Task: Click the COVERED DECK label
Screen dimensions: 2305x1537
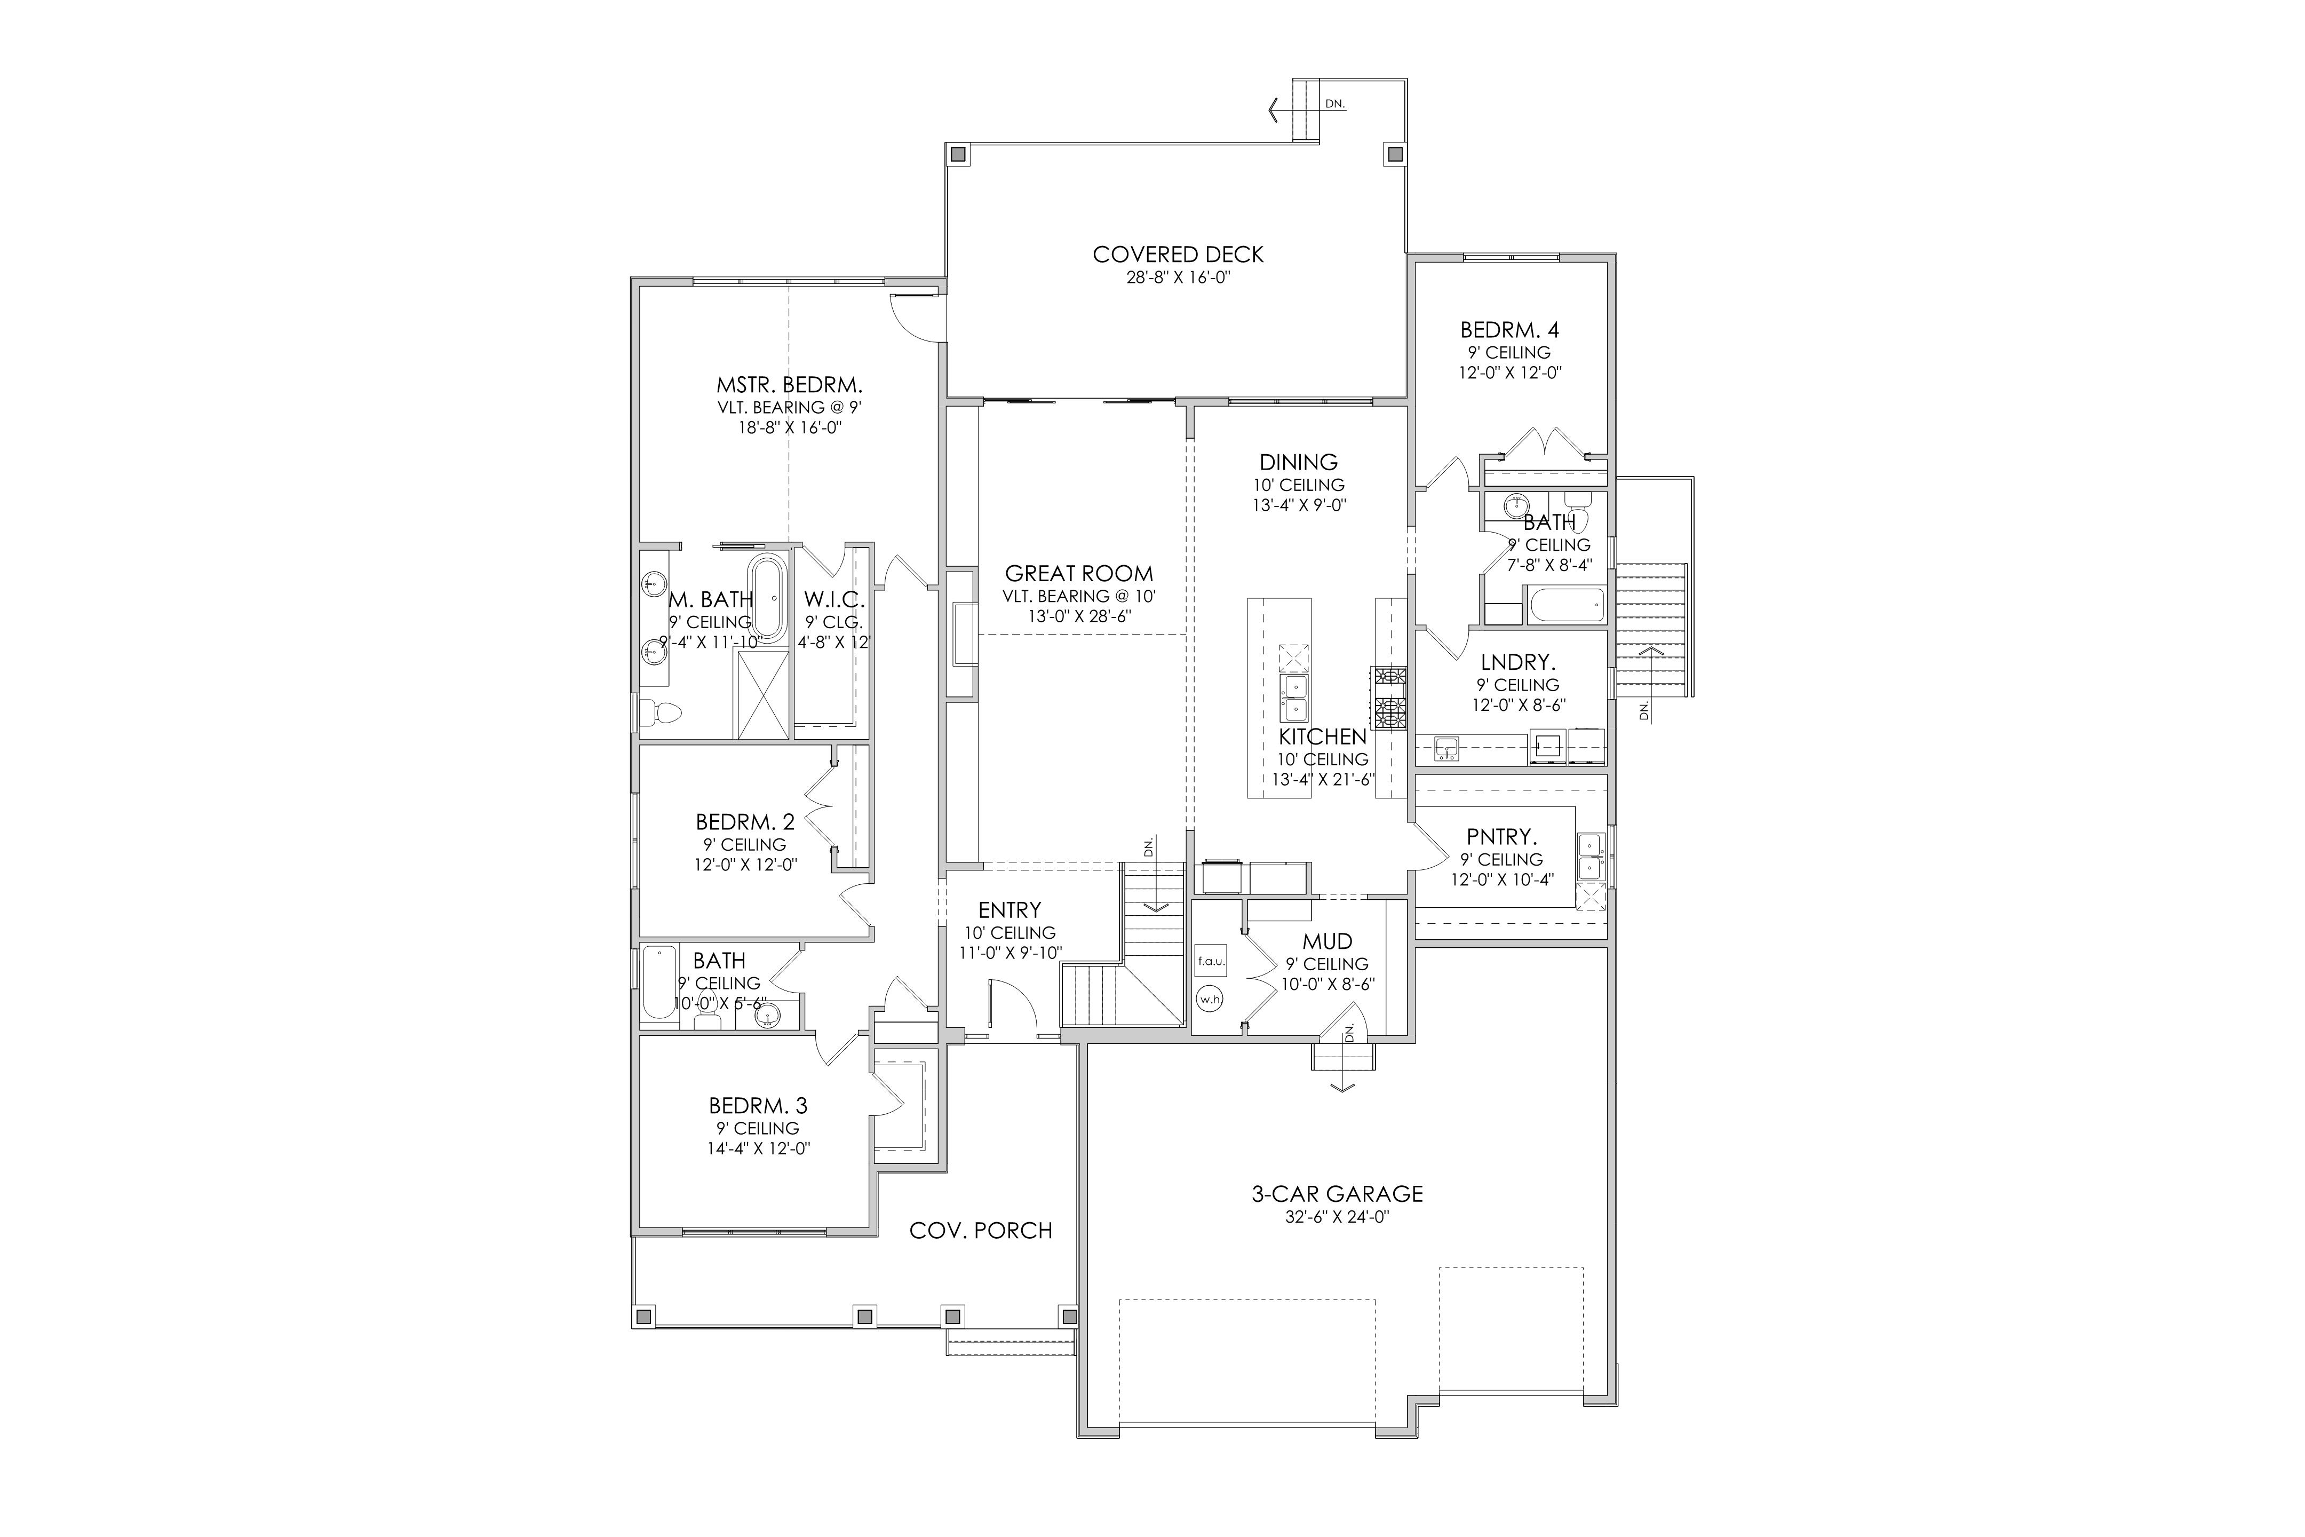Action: click(x=1178, y=255)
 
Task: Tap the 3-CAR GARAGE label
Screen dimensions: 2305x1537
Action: click(x=1337, y=1194)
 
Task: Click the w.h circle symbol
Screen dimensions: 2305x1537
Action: click(x=1210, y=999)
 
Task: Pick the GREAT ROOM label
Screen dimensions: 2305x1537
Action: click(x=1079, y=573)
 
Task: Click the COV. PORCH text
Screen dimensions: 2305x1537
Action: click(x=981, y=1230)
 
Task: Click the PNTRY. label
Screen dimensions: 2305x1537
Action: click(x=1501, y=837)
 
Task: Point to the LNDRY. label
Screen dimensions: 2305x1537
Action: click(x=1518, y=663)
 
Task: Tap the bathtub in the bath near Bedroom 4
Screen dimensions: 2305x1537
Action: click(x=1566, y=605)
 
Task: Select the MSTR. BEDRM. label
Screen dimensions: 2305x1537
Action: click(x=789, y=385)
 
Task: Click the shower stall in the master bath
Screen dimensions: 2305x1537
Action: click(x=762, y=694)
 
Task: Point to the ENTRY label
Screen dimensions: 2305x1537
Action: click(x=1010, y=909)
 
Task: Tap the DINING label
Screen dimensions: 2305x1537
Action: click(x=1299, y=462)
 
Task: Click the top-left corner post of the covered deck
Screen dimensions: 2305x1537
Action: click(x=957, y=154)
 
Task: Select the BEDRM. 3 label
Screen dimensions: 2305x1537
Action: click(x=759, y=1106)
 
